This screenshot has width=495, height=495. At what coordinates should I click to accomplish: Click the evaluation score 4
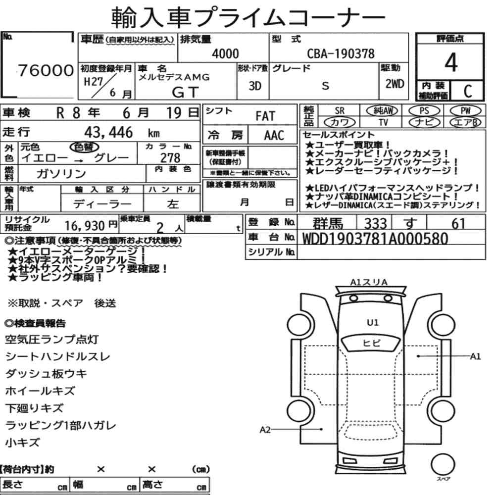(451, 62)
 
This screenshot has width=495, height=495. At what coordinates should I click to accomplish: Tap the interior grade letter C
(468, 91)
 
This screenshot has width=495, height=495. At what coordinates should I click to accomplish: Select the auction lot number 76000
(46, 70)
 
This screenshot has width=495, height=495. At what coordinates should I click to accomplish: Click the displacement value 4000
(225, 53)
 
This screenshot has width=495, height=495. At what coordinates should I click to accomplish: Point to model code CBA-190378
(341, 53)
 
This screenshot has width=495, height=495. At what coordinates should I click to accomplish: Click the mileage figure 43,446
(108, 132)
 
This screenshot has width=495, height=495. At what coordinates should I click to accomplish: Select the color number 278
(170, 157)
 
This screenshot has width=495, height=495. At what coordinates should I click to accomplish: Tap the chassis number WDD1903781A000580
(375, 239)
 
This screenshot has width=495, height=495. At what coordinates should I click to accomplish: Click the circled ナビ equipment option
(424, 122)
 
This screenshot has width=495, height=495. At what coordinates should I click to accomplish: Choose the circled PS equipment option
(424, 110)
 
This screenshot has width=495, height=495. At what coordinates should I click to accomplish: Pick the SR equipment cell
(340, 111)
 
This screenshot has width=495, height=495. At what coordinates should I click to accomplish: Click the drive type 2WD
(395, 84)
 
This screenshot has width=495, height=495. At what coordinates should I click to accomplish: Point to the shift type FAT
(265, 116)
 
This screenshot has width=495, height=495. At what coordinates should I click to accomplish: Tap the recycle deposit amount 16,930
(85, 226)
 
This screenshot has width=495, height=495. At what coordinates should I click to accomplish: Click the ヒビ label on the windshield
(372, 343)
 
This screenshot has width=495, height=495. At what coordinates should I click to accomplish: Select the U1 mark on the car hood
(373, 323)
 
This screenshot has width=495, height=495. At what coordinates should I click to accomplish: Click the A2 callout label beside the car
(265, 430)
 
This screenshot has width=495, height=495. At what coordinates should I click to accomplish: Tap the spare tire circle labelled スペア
(443, 464)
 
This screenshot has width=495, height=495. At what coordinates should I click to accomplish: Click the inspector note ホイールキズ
(40, 391)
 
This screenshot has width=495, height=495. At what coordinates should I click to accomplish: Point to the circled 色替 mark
(84, 147)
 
